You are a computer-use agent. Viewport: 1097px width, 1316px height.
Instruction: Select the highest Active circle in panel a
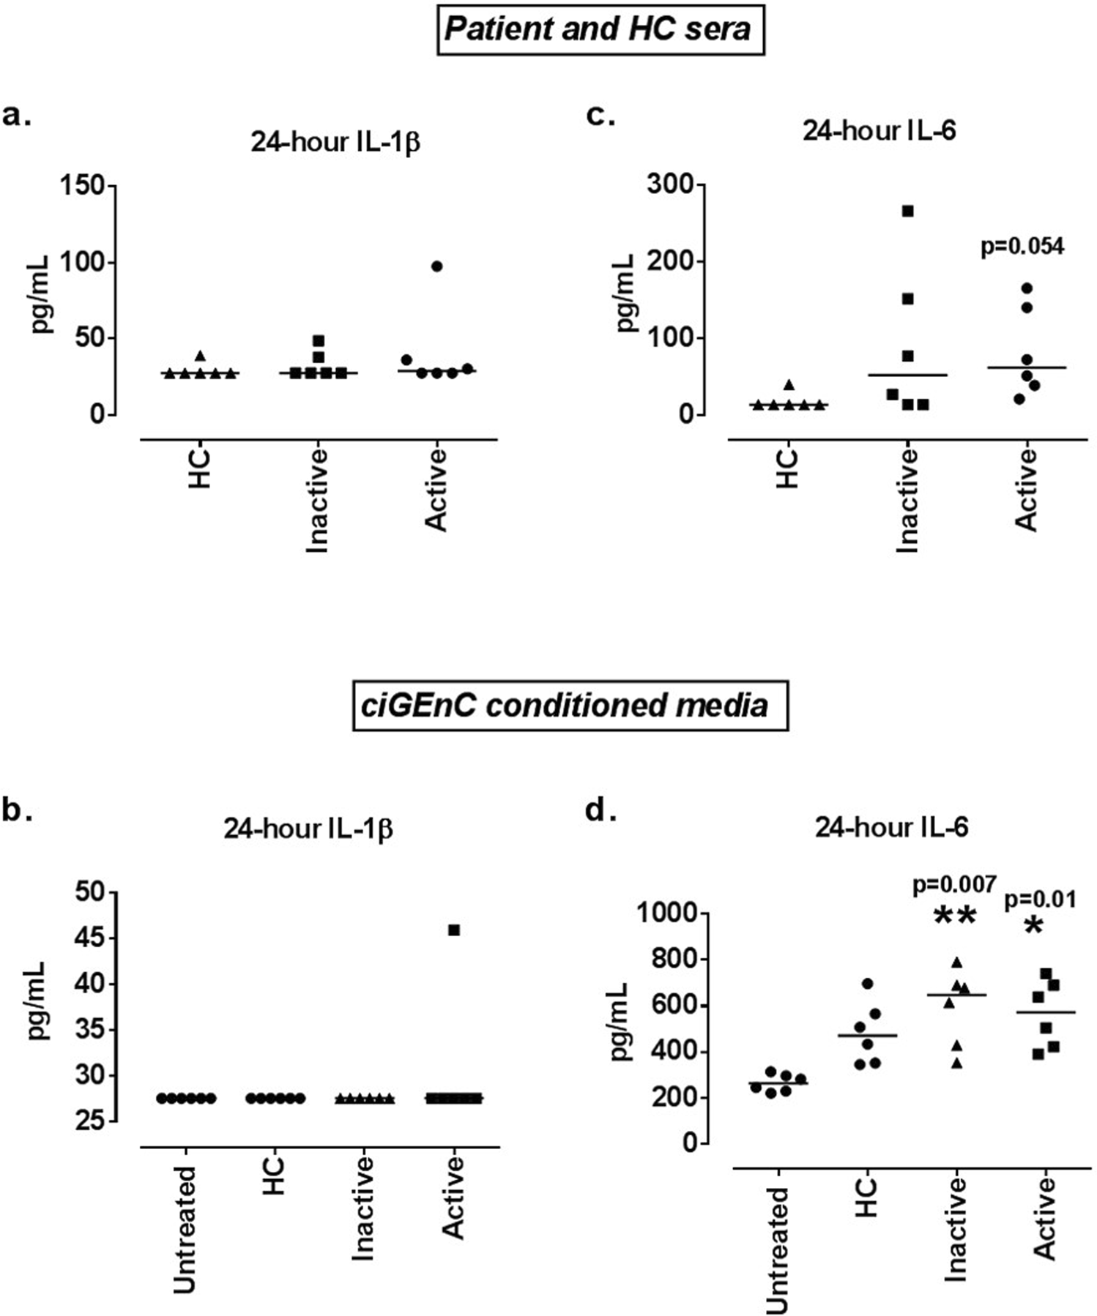pyautogui.click(x=436, y=266)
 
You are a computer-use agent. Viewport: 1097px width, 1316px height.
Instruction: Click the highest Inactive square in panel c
pyautogui.click(x=907, y=212)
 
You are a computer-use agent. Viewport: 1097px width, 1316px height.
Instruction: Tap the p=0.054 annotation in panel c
pyautogui.click(x=1022, y=247)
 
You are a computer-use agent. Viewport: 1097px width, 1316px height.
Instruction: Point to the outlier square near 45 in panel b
pyautogui.click(x=454, y=930)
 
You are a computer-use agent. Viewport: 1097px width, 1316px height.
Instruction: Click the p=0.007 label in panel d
pyautogui.click(x=954, y=885)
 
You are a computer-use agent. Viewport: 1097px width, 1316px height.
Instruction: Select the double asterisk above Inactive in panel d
pyautogui.click(x=955, y=918)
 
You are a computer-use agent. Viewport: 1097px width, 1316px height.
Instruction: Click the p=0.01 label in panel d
pyautogui.click(x=1040, y=899)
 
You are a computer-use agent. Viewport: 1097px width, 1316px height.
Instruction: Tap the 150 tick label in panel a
pyautogui.click(x=83, y=186)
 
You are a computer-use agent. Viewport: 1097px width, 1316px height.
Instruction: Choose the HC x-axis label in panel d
pyautogui.click(x=866, y=1197)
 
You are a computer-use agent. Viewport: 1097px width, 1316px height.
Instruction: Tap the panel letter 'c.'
pyautogui.click(x=601, y=116)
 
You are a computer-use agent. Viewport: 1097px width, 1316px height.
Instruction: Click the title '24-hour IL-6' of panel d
pyautogui.click(x=891, y=827)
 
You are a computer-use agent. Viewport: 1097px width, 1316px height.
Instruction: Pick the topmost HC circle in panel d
pyautogui.click(x=868, y=984)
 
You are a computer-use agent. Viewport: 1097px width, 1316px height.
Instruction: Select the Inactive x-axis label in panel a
pyautogui.click(x=316, y=501)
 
